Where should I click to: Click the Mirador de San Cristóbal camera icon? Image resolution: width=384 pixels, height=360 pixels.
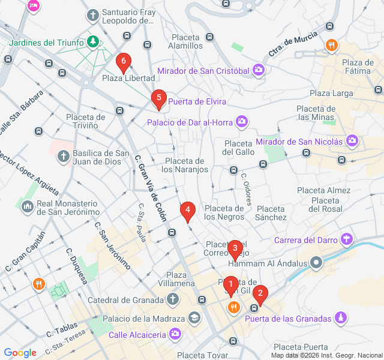[259, 71]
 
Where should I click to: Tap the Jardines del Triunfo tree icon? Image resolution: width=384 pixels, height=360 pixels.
[92, 41]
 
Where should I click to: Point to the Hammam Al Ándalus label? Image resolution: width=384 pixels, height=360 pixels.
[268, 263]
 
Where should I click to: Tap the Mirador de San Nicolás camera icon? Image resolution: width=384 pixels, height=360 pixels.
[352, 142]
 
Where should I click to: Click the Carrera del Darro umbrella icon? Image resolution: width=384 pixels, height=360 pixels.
[346, 240]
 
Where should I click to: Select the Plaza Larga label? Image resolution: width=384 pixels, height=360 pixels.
[331, 93]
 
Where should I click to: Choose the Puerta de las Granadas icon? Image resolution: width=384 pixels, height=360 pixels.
[341, 317]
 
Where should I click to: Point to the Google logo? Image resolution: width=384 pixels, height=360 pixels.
[20, 353]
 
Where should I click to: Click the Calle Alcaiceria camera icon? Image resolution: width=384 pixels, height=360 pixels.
[175, 334]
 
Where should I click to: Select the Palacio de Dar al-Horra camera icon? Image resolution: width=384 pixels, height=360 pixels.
[241, 122]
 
